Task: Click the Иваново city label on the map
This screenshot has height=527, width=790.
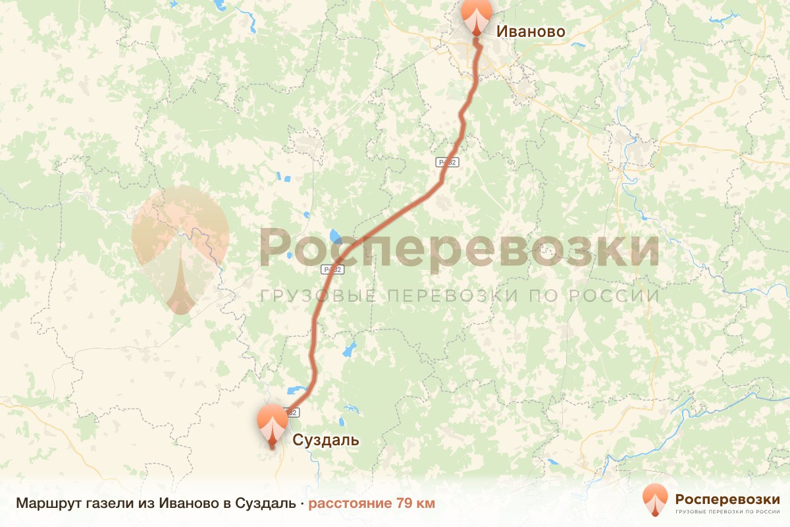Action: click(x=530, y=32)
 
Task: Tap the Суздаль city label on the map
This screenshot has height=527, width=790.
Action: click(x=326, y=440)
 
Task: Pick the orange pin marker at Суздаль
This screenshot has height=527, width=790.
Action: click(x=272, y=423)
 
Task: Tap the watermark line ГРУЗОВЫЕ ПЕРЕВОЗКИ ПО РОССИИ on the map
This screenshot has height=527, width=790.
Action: click(x=460, y=296)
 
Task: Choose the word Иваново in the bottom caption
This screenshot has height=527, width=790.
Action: click(x=186, y=504)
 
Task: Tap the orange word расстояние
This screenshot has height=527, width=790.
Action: click(x=350, y=504)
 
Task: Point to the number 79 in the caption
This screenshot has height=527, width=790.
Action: click(x=404, y=504)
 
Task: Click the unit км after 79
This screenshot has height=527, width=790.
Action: click(x=425, y=504)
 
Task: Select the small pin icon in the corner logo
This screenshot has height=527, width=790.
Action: click(x=655, y=500)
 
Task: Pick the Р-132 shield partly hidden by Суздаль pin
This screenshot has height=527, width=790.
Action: click(x=293, y=412)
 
